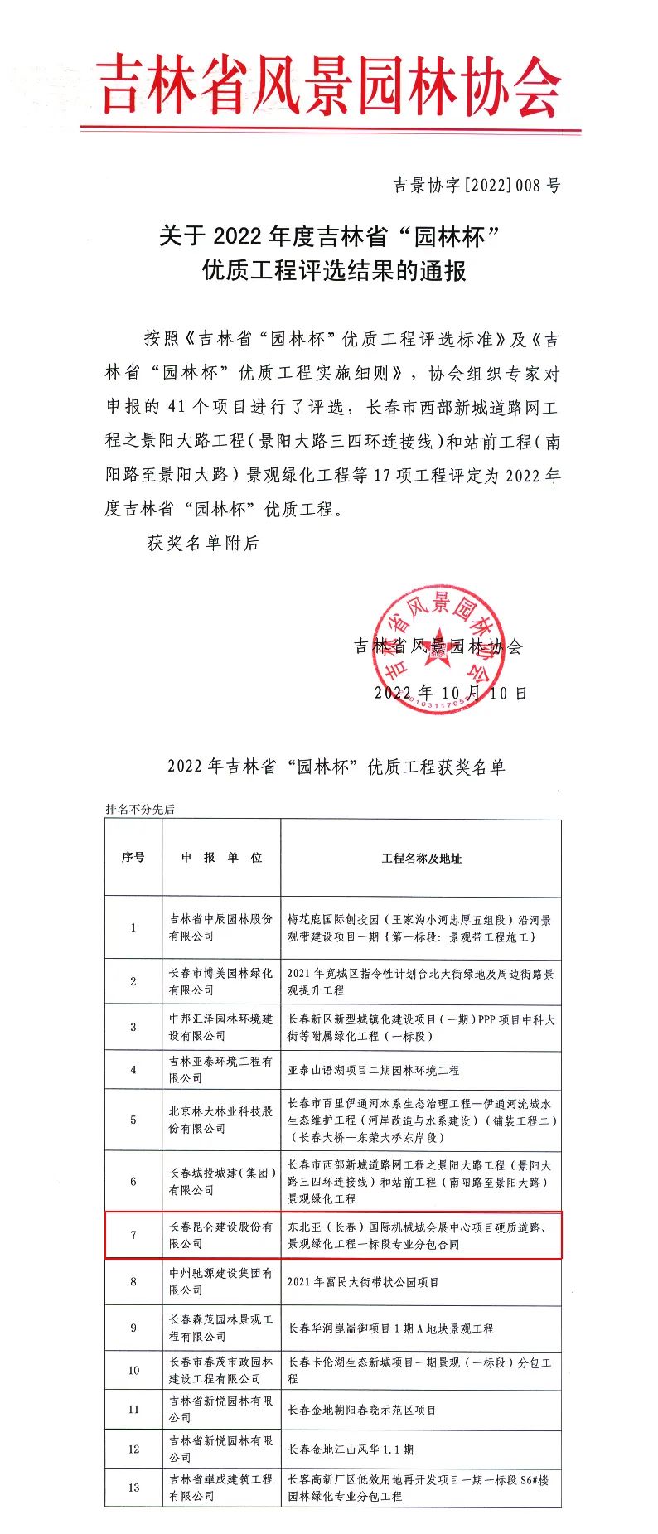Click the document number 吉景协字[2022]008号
point(477,185)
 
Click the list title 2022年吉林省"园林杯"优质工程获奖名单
point(336,766)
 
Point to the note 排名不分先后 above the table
point(140,809)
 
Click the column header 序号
point(133,857)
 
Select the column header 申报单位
point(221,857)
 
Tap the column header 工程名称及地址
point(421,858)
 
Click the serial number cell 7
point(133,1235)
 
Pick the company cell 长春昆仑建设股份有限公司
point(220,1235)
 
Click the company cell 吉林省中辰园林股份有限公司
point(220,927)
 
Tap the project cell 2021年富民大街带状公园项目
point(363,1281)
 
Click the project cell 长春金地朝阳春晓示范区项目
point(361,1410)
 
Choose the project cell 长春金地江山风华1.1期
point(350,1449)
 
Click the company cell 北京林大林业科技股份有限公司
point(220,1120)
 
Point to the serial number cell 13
point(133,1488)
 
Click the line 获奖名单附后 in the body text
point(203,543)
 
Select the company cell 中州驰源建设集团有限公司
point(220,1281)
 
